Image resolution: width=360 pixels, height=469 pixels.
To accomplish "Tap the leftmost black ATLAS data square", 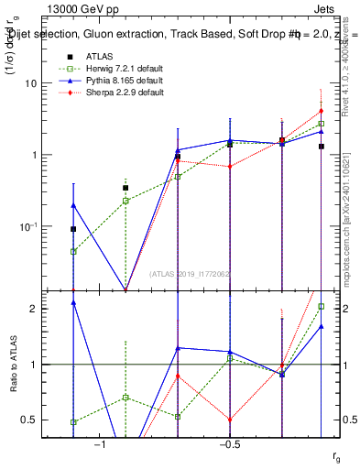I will point(73,229).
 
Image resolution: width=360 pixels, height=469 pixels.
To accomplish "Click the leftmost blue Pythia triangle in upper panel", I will point(73,205).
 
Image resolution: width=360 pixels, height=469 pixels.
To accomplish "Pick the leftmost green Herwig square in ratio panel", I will point(73,422).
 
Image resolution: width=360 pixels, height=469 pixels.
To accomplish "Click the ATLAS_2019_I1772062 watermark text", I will point(191,273).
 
